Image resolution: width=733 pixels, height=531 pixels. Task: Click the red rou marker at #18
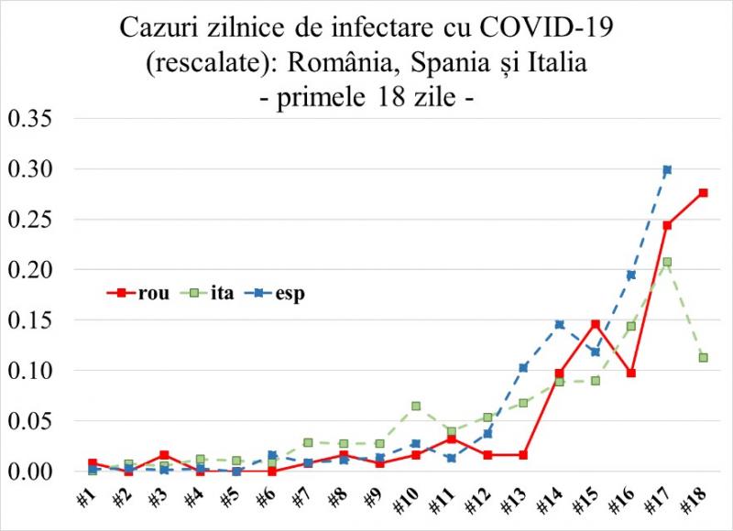tap(704, 192)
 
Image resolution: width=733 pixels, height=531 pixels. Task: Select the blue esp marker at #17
tap(667, 169)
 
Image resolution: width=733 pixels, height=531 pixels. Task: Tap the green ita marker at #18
tap(704, 358)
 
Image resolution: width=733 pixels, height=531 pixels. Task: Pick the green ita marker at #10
tap(416, 406)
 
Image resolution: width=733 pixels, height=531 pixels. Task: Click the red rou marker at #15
tap(596, 324)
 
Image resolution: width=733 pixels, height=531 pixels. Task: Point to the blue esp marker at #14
tap(560, 324)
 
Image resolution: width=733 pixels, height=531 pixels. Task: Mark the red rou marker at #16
tap(631, 373)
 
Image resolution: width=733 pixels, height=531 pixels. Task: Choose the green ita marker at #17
tap(667, 262)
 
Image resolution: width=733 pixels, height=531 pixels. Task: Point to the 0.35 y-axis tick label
tap(30, 119)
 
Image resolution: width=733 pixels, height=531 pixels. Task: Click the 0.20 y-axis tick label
tap(30, 270)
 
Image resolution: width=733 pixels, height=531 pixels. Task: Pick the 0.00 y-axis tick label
tap(30, 471)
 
